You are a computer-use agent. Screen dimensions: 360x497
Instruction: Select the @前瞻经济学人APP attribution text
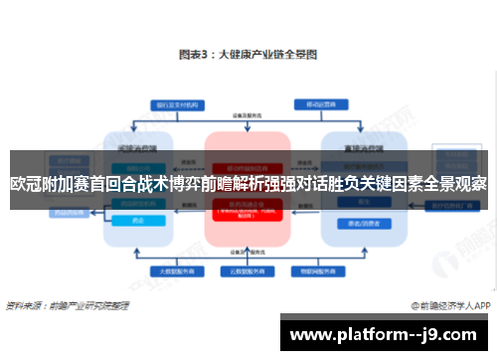click(447, 305)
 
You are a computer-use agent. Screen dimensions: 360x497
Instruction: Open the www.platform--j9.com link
click(385, 334)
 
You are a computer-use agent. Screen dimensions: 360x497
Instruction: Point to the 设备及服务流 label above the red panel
click(248, 117)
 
